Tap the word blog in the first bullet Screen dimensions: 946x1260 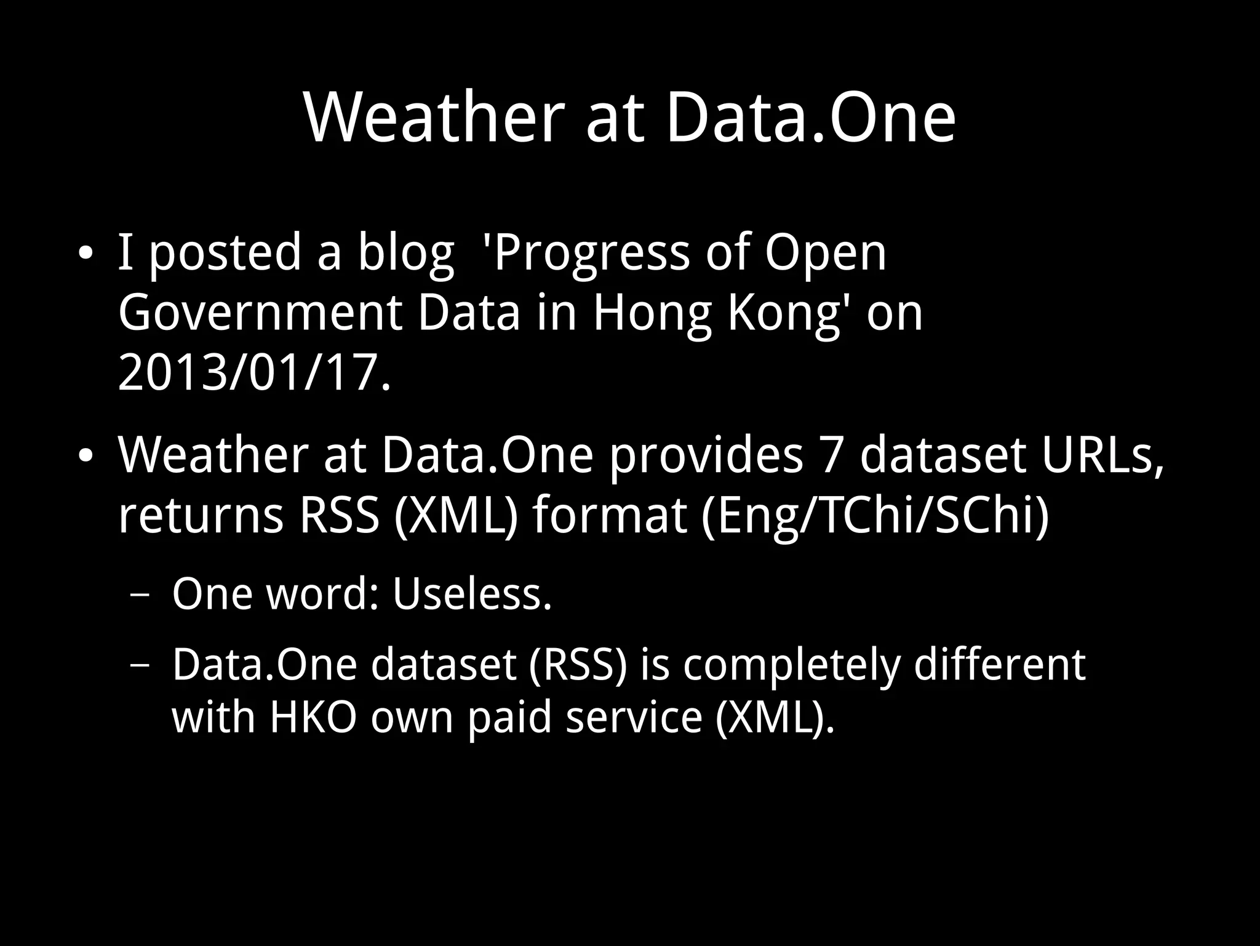pyautogui.click(x=406, y=252)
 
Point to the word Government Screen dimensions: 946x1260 pyautogui.click(x=260, y=313)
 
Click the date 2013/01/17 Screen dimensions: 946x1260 pyautogui.click(x=254, y=373)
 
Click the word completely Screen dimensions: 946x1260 pyautogui.click(x=791, y=665)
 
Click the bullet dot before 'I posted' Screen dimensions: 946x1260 pyautogui.click(x=86, y=254)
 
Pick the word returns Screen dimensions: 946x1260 pyautogui.click(x=201, y=516)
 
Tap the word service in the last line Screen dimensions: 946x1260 pyautogui.click(x=633, y=717)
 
